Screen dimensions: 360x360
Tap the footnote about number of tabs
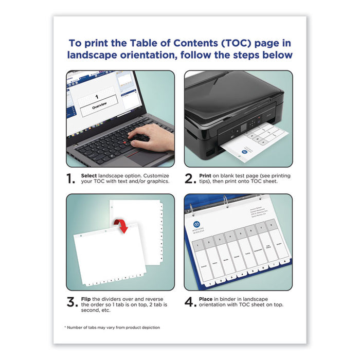[112, 327]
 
